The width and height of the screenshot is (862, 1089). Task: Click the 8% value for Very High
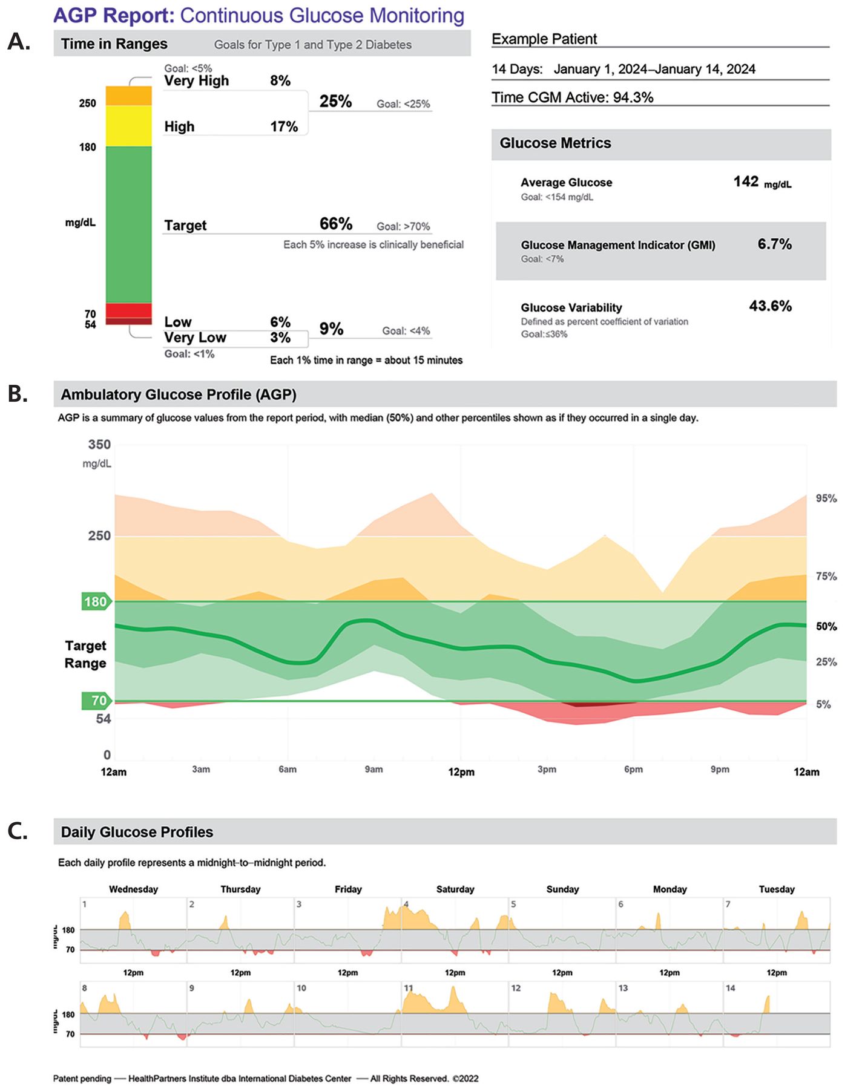coord(280,80)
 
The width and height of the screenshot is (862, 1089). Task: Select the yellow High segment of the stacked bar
coord(129,126)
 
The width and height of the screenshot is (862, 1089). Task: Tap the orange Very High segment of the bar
coord(129,96)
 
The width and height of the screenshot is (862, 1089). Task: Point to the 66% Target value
coord(336,224)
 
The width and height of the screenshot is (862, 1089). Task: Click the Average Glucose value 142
coord(746,181)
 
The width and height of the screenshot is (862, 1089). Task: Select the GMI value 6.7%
coord(775,244)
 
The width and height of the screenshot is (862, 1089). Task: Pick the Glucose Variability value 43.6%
coord(771,306)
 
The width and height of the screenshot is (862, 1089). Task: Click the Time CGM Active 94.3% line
coord(573,97)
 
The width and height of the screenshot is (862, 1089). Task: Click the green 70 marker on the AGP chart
coord(97,701)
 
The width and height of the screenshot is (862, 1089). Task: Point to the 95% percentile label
coord(826,498)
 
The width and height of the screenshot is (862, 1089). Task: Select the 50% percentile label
coord(826,626)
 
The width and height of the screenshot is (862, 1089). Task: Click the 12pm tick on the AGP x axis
coord(461,772)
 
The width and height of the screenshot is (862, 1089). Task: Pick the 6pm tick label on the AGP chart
coord(633,770)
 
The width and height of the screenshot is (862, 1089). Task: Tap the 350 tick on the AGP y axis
coord(100,445)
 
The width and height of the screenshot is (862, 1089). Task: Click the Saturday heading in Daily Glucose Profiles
coord(455,889)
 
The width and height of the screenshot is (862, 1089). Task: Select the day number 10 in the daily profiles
coord(301,988)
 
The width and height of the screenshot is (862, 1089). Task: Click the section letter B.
coord(18,394)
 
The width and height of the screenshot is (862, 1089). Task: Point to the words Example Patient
coord(544,39)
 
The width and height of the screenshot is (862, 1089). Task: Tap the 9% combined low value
coord(332,329)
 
